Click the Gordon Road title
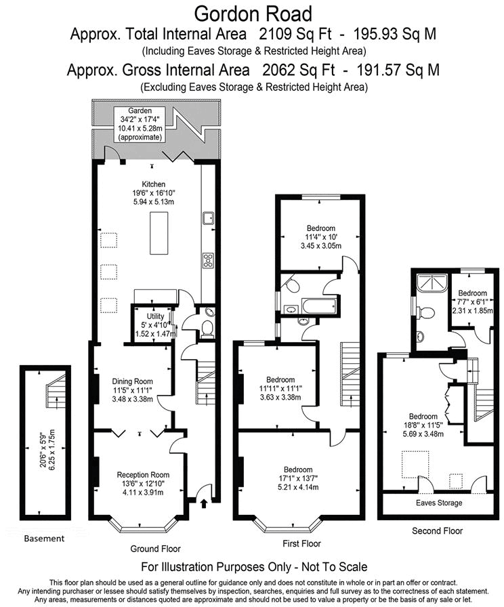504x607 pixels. click(253, 14)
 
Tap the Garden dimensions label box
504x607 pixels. click(140, 124)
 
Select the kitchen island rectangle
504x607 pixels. click(159, 233)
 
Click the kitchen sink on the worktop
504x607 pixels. click(208, 218)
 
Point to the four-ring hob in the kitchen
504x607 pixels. click(208, 261)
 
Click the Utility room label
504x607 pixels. click(155, 325)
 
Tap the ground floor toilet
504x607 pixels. click(207, 329)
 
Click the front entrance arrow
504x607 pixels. click(204, 503)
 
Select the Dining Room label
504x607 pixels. click(132, 390)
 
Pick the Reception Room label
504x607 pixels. click(143, 484)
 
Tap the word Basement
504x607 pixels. click(44, 539)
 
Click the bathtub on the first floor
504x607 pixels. click(319, 306)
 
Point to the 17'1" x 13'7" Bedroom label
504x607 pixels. click(298, 478)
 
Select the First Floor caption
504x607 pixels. click(301, 544)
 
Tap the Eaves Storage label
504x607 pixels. click(439, 503)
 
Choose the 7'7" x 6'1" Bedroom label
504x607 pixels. click(472, 302)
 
